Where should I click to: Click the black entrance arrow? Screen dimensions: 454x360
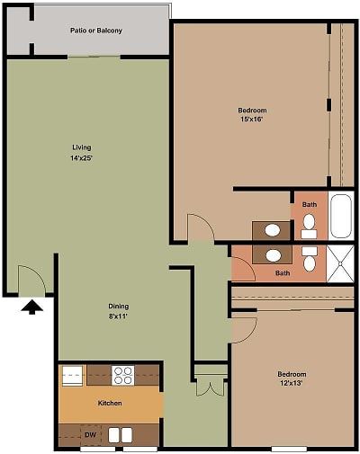32,307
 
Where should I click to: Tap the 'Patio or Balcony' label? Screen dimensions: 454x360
96,31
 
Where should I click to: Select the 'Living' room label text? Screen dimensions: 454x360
82,147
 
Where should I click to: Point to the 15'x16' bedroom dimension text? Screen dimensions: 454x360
253,120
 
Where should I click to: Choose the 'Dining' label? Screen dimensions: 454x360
119,306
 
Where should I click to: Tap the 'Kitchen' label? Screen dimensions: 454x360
110,403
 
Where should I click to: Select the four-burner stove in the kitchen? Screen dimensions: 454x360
122,374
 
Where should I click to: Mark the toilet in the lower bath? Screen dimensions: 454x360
310,259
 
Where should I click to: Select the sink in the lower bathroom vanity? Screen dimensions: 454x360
273,255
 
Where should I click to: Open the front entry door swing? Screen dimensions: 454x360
31,279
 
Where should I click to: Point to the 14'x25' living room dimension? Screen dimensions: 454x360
82,157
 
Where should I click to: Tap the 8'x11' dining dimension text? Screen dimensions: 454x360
119,316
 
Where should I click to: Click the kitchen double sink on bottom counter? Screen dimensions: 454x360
121,435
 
